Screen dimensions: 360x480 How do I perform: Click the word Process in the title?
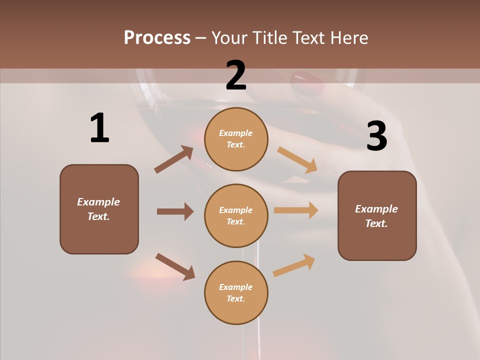point(157,37)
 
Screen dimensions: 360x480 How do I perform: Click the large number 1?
point(99,128)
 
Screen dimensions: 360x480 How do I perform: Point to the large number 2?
point(236,75)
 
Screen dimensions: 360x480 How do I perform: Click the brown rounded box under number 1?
point(99,209)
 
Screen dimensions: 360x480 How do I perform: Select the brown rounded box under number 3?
point(377,215)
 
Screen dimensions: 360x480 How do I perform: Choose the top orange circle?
point(236,139)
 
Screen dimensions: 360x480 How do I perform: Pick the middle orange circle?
point(236,215)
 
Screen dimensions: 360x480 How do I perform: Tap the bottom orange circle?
point(236,292)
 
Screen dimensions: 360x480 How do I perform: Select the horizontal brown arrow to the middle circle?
point(175,211)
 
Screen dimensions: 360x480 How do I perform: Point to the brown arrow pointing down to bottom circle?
point(175,266)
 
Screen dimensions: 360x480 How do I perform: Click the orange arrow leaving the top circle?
point(297,160)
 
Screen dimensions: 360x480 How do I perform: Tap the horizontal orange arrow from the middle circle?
point(296,210)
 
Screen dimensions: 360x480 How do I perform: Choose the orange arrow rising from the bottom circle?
point(294,265)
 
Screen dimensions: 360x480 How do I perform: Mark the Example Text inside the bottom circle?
point(236,292)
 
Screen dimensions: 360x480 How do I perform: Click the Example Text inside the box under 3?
point(376,216)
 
